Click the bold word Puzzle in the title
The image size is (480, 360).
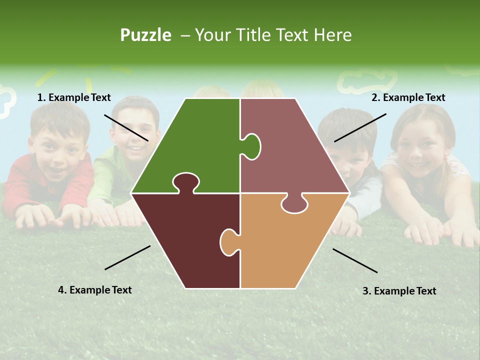tap(145, 35)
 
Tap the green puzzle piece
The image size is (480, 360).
tap(200, 145)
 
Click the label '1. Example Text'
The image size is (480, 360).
tap(74, 98)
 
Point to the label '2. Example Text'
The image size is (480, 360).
tap(408, 98)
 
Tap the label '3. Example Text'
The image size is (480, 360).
tap(399, 291)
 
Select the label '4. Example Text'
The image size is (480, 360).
tap(95, 290)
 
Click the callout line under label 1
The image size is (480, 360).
tap(126, 127)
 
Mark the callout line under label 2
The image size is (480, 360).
tap(360, 127)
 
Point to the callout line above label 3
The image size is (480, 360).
tap(355, 260)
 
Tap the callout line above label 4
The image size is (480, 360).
tap(127, 257)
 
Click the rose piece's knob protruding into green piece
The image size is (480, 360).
tap(251, 146)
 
